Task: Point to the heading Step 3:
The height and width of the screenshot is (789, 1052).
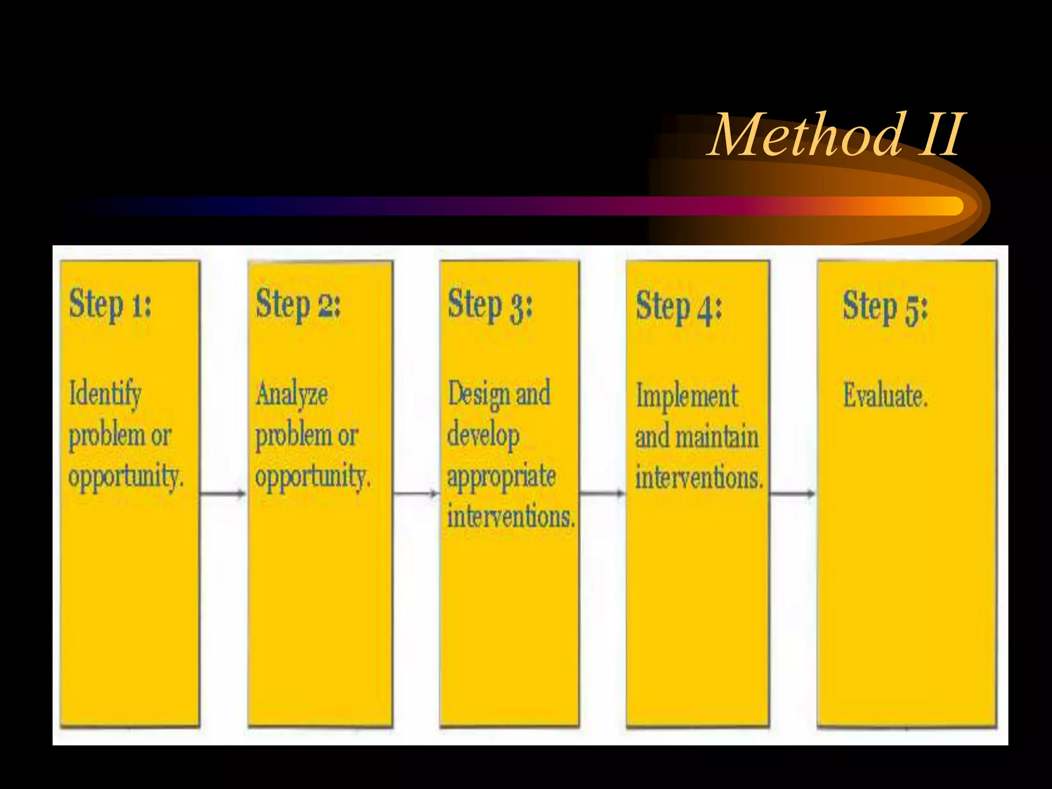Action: pyautogui.click(x=490, y=305)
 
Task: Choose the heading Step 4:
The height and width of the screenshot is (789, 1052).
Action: pyautogui.click(x=679, y=307)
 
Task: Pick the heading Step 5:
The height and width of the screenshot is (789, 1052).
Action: pyautogui.click(x=885, y=307)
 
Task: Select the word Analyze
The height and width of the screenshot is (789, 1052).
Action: pyautogui.click(x=292, y=394)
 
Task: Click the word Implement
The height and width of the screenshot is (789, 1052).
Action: pyautogui.click(x=687, y=397)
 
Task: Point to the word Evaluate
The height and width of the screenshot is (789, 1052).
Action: pyautogui.click(x=885, y=397)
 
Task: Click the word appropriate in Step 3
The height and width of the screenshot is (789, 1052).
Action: pyautogui.click(x=501, y=477)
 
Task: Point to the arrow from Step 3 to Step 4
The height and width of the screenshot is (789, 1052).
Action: pyautogui.click(x=602, y=494)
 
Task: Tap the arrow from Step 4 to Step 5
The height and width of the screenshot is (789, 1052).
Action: pyautogui.click(x=793, y=494)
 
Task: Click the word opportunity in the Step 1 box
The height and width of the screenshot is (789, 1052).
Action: pyautogui.click(x=125, y=477)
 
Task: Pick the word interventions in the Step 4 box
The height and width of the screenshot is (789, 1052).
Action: pyautogui.click(x=699, y=478)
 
